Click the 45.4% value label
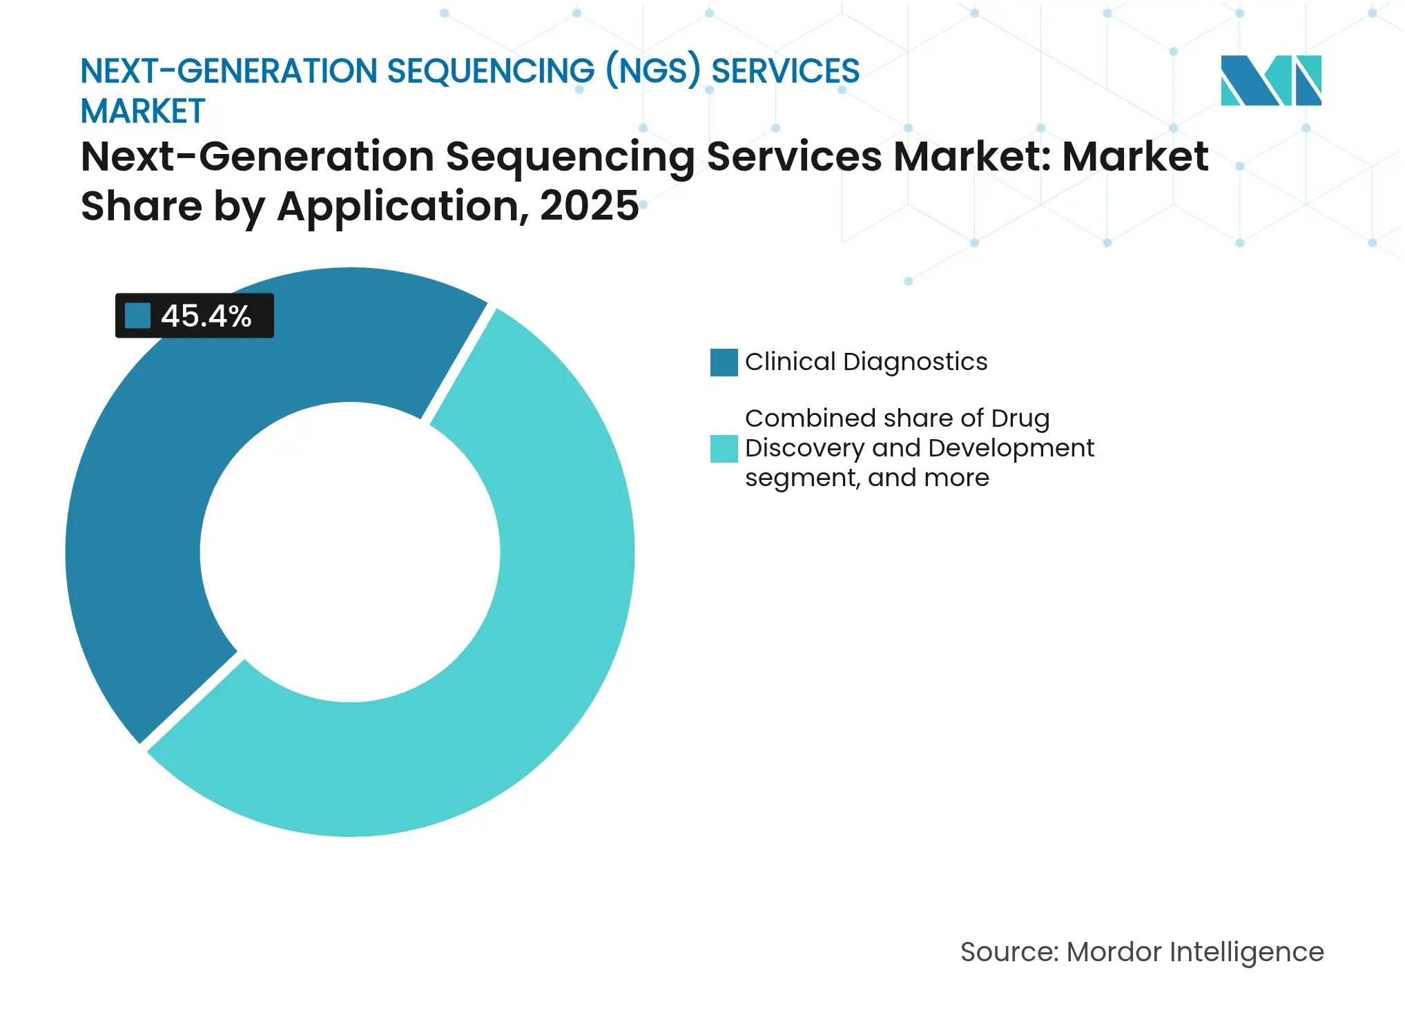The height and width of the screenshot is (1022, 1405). click(206, 316)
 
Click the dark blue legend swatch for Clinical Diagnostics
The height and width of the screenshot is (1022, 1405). click(724, 363)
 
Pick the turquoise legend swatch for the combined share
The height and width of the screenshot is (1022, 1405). click(724, 449)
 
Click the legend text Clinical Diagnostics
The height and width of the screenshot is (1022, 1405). click(866, 362)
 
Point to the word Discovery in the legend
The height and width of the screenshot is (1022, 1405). click(804, 448)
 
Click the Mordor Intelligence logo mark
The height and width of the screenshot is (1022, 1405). click(1270, 81)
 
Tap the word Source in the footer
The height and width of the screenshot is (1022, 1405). click(1008, 952)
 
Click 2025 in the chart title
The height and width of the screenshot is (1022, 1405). click(589, 206)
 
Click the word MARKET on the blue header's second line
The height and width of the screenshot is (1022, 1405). click(143, 111)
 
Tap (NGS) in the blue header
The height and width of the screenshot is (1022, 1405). click(652, 71)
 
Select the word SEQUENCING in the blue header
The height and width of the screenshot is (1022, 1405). click(490, 71)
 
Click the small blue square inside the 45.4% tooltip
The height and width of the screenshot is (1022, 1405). click(137, 316)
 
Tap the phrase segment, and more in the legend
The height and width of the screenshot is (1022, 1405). click(866, 478)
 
